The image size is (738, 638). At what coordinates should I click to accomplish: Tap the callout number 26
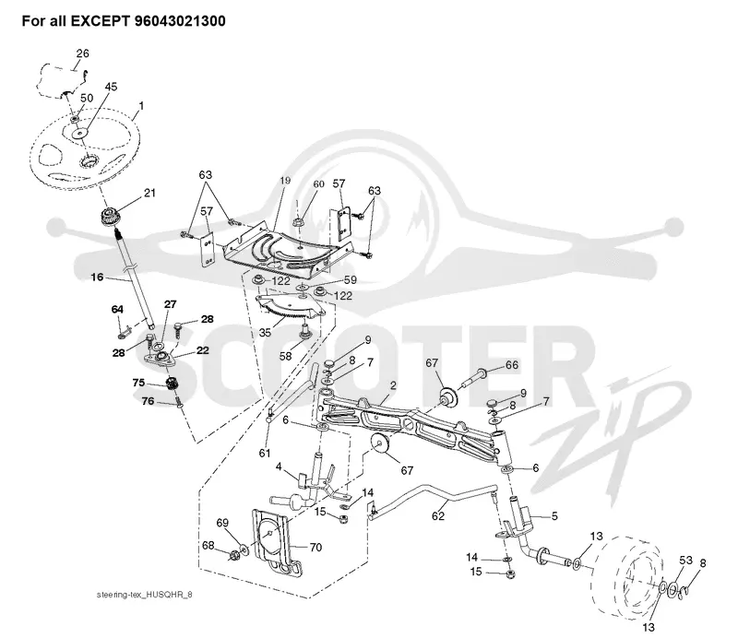[82, 53]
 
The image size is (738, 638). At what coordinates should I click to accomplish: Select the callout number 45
[111, 87]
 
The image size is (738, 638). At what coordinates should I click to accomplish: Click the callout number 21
[149, 193]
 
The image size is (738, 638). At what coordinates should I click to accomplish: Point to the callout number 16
[97, 278]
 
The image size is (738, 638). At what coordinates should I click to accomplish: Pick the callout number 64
[117, 309]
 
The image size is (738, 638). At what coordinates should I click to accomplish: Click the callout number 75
[139, 383]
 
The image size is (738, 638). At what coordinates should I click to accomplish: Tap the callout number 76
[149, 401]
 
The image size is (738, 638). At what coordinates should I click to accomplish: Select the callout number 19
[285, 180]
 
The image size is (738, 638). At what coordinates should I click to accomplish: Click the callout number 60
[318, 184]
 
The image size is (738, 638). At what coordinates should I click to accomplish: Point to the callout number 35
[265, 333]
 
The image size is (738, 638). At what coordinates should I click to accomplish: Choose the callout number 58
[286, 356]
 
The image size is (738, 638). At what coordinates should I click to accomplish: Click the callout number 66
[512, 365]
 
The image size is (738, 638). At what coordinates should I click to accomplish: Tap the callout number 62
[438, 515]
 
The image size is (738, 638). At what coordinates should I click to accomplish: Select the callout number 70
[315, 548]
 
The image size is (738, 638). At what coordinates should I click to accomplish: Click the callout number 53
[686, 561]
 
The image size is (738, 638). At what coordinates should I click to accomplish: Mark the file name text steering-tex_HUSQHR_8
[145, 595]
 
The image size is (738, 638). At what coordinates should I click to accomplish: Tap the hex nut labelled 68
[234, 556]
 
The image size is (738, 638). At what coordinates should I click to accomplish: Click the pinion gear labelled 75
[172, 383]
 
